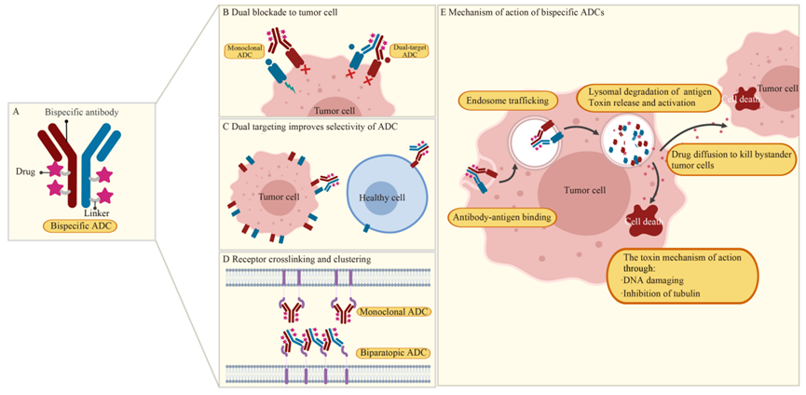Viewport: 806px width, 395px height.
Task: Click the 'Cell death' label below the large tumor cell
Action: pyautogui.click(x=644, y=222)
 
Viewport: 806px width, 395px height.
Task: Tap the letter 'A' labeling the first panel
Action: pyautogui.click(x=16, y=111)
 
